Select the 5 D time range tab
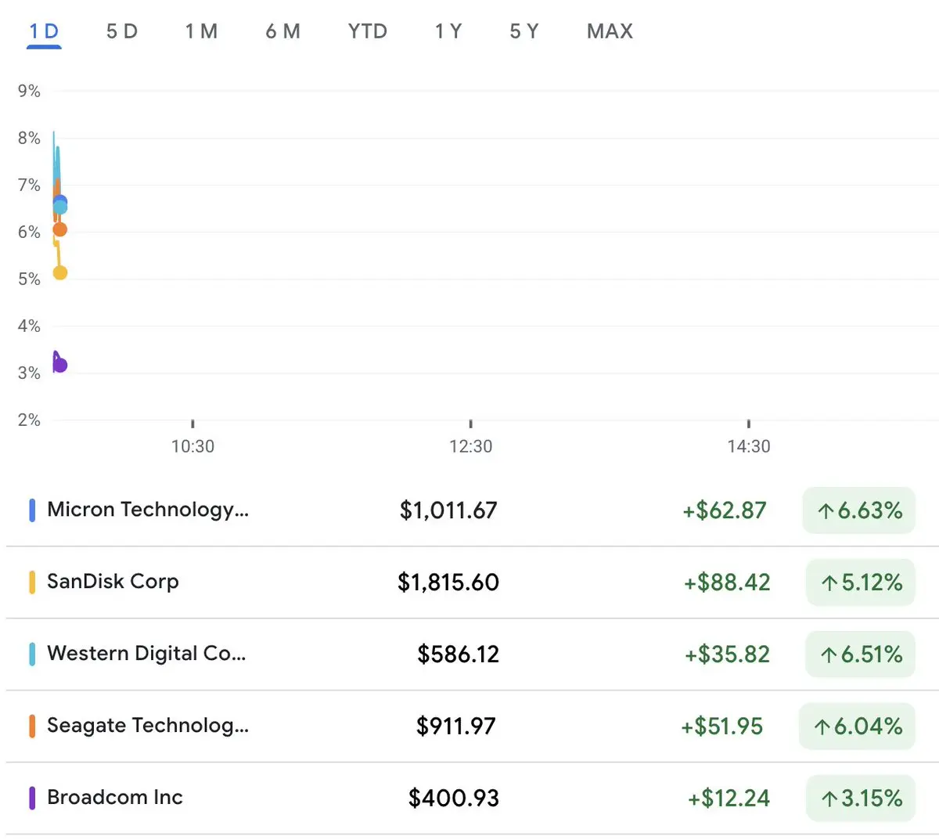coord(122,31)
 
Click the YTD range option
coord(368,31)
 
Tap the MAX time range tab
coord(610,31)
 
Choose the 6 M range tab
coord(282,31)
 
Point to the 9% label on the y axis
coord(29,91)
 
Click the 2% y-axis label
coord(29,420)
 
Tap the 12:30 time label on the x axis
coord(470,446)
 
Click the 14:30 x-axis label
coord(749,446)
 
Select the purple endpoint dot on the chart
coord(60,365)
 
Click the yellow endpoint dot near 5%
coord(59,272)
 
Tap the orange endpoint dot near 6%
coord(59,229)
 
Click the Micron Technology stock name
coord(148,510)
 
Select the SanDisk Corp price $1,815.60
coord(448,582)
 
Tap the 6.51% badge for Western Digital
coord(860,654)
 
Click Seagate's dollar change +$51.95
coord(721,726)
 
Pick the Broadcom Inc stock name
coord(115,797)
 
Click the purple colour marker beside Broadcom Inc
coord(32,798)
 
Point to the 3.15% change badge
coord(861,798)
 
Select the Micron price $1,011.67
coord(448,510)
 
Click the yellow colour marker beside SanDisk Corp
coord(32,582)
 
